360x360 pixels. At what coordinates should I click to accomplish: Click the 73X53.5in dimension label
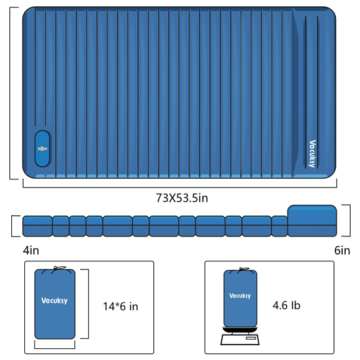click(182, 198)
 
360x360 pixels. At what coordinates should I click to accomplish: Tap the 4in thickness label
click(31, 250)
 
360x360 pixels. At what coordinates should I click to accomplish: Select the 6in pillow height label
click(342, 250)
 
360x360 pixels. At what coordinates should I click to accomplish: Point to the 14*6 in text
click(120, 306)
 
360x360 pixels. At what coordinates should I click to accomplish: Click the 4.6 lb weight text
click(286, 305)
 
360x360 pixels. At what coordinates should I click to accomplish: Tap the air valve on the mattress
click(42, 149)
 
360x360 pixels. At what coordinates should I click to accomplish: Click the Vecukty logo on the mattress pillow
click(312, 154)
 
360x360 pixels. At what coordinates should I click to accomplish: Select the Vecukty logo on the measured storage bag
click(55, 300)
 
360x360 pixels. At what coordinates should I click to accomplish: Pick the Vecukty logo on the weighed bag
click(240, 295)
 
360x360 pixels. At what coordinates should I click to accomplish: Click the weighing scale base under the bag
click(240, 340)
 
